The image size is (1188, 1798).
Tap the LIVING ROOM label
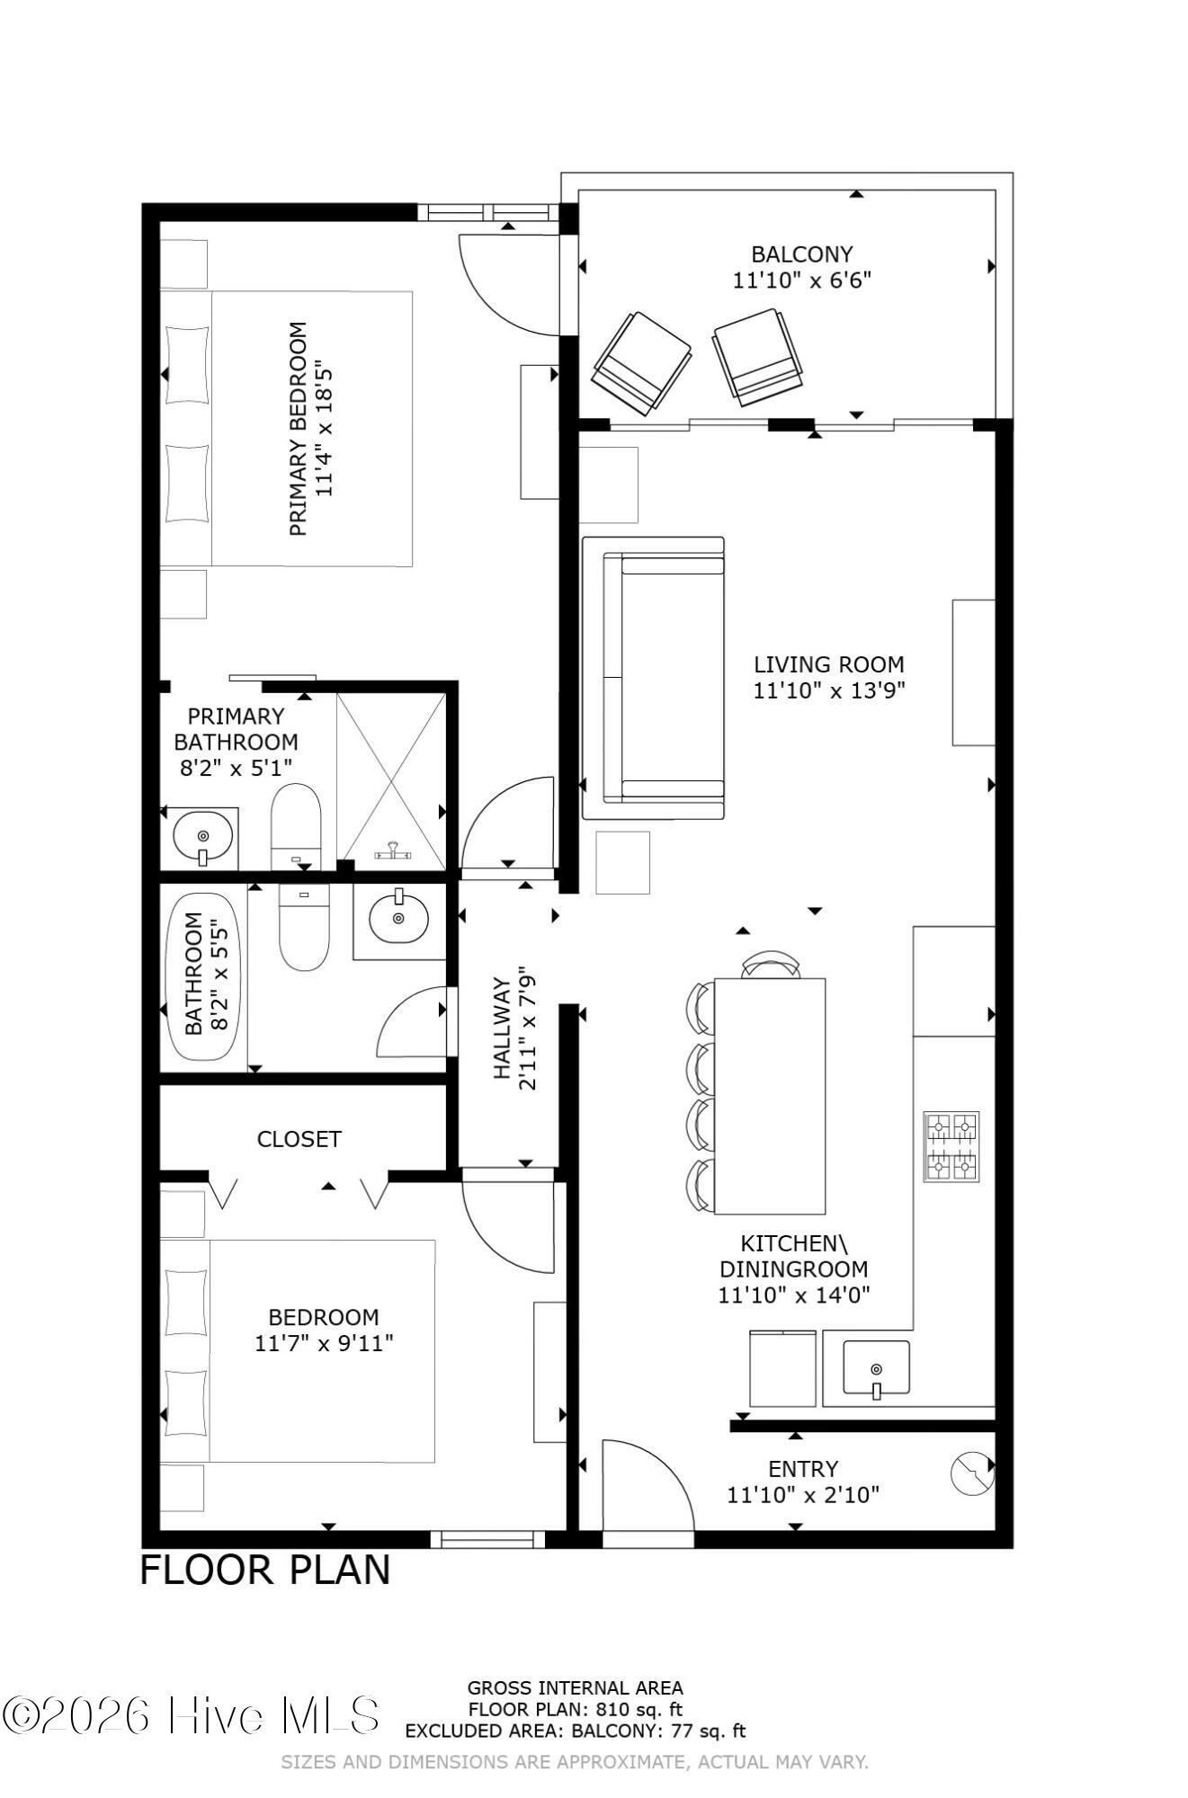click(x=828, y=665)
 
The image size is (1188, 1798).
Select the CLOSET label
click(x=299, y=1140)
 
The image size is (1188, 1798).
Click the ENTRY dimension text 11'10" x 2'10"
click(x=802, y=1495)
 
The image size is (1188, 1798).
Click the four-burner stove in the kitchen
click(x=951, y=1146)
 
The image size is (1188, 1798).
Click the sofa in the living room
click(x=654, y=678)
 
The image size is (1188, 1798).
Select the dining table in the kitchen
click(x=770, y=1095)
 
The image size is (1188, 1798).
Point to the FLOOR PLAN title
click(x=265, y=1571)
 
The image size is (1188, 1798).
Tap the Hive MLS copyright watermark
click(x=191, y=1715)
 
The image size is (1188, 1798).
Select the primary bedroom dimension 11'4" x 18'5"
click(x=324, y=429)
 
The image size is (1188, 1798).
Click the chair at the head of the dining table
click(x=771, y=965)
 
